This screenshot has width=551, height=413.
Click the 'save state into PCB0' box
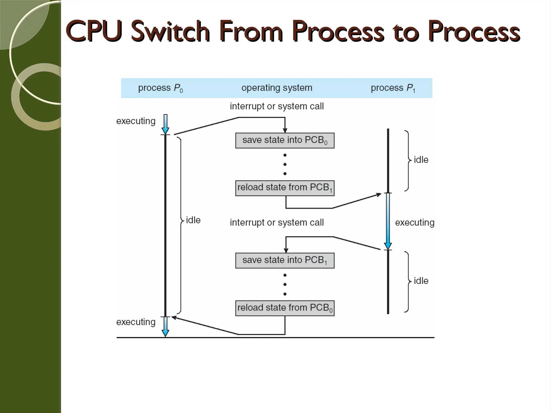[x=285, y=140]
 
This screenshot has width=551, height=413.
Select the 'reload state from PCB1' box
[x=285, y=188]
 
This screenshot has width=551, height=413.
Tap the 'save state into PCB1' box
[x=285, y=260]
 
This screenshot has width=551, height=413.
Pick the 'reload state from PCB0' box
[x=285, y=308]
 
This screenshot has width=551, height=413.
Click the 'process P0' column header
[x=160, y=88]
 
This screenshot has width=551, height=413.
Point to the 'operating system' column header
[x=277, y=88]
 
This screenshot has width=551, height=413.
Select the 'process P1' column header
[x=393, y=88]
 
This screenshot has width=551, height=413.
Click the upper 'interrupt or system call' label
[x=277, y=106]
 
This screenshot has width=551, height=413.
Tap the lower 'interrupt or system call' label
[x=277, y=223]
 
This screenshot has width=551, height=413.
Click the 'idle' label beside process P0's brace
[x=193, y=220]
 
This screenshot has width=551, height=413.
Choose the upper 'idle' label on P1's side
[x=421, y=160]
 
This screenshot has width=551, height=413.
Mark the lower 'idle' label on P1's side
[x=421, y=281]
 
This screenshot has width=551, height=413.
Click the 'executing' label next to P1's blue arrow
[x=415, y=223]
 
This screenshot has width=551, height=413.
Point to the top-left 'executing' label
[x=136, y=121]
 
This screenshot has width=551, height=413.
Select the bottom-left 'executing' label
[x=136, y=322]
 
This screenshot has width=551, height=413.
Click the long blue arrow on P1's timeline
[x=388, y=220]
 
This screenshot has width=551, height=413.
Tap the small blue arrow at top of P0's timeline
[x=165, y=124]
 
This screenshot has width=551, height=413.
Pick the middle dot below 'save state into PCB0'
[x=285, y=164]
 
